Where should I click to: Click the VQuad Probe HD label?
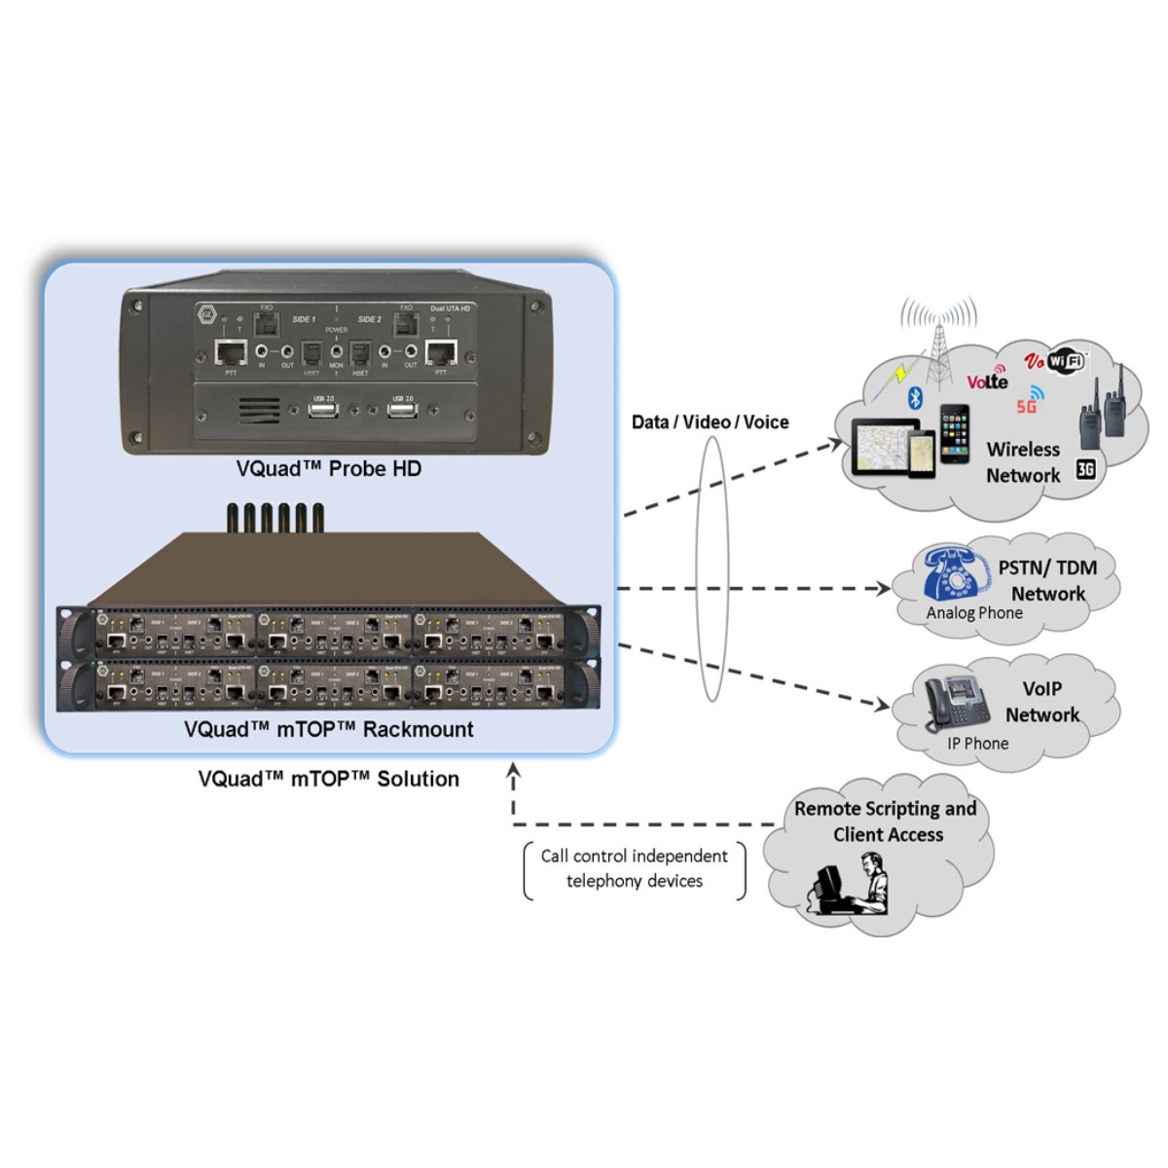pos(328,469)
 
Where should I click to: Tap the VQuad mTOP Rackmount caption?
pos(328,729)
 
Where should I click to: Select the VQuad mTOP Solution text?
pos(328,779)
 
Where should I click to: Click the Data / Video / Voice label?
pos(710,421)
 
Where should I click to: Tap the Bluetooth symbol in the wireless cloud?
pos(914,397)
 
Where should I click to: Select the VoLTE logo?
pos(987,380)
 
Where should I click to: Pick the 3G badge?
pos(1085,469)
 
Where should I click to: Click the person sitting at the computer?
pos(852,885)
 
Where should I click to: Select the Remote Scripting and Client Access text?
pos(885,821)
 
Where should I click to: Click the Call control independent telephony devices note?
pos(635,868)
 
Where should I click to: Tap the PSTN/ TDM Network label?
pos(1047,580)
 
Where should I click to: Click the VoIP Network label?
pos(1041,701)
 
